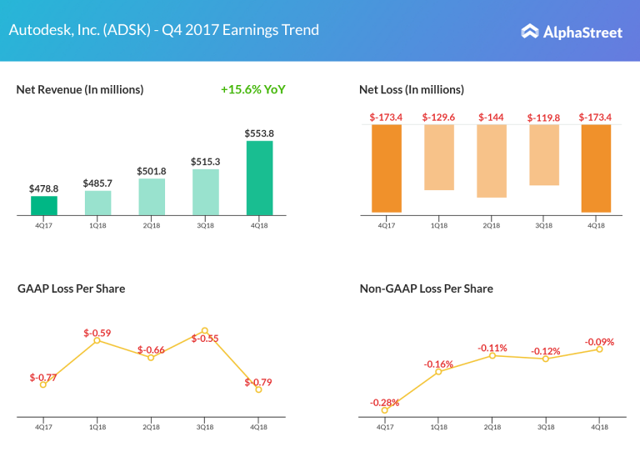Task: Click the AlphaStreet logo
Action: pyautogui.click(x=572, y=32)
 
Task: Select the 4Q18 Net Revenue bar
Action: pyautogui.click(x=259, y=178)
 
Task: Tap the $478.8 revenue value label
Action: pyautogui.click(x=44, y=188)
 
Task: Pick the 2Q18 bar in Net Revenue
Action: pyautogui.click(x=152, y=197)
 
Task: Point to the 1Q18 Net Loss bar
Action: pyautogui.click(x=438, y=158)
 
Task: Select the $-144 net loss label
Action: pyautogui.click(x=492, y=118)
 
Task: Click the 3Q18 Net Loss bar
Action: pyautogui.click(x=544, y=155)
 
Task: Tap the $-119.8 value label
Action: pyautogui.click(x=544, y=118)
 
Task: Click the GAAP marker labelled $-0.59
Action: pyautogui.click(x=97, y=340)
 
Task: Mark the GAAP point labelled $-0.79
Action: pyautogui.click(x=258, y=389)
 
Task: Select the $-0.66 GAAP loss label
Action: pyautogui.click(x=152, y=349)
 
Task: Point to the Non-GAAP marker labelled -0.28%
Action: pyautogui.click(x=385, y=409)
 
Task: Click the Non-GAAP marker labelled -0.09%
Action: pyautogui.click(x=599, y=349)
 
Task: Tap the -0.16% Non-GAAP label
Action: pyautogui.click(x=438, y=364)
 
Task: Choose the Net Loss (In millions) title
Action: pyautogui.click(x=412, y=89)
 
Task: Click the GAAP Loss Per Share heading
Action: pyautogui.click(x=72, y=289)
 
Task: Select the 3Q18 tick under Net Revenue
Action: pyautogui.click(x=205, y=225)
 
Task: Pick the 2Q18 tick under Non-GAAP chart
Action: pyautogui.click(x=492, y=426)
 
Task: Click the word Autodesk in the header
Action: pyautogui.click(x=37, y=30)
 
